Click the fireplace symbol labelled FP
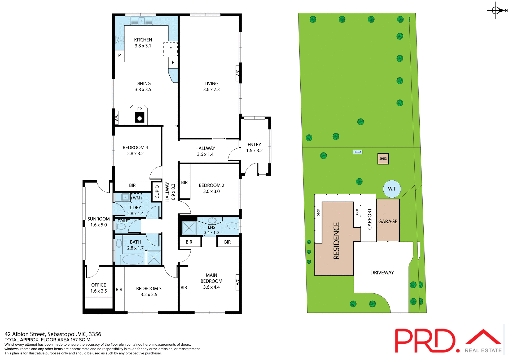[x=139, y=116]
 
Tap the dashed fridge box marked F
[x=170, y=49]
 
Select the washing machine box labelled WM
[x=137, y=198]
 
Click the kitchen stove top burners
[x=119, y=40]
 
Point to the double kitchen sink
[x=142, y=21]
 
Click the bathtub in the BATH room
[x=133, y=259]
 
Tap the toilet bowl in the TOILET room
[x=121, y=226]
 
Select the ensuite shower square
[x=189, y=228]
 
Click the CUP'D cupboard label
[x=157, y=192]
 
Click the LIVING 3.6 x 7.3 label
[x=211, y=86]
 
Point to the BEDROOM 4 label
[x=135, y=148]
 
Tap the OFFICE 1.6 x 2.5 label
[x=98, y=288]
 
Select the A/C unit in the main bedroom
[x=238, y=282]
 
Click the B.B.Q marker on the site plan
[x=357, y=152]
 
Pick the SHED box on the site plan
[x=383, y=159]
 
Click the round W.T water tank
[x=392, y=189]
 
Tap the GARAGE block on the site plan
[x=388, y=221]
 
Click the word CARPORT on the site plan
[x=369, y=219]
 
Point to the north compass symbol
[x=496, y=11]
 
